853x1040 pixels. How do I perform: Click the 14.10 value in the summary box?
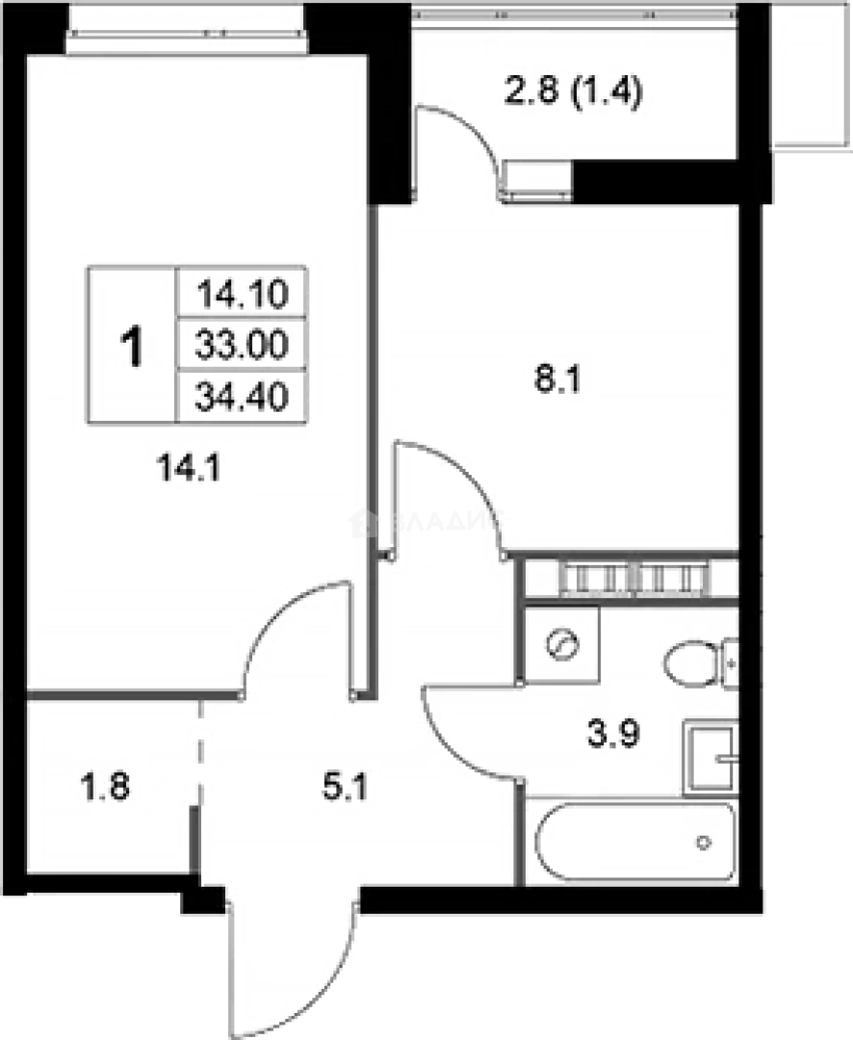pos(242,292)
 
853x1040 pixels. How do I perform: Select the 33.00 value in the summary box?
pos(242,344)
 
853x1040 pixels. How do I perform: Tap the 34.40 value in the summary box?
pos(242,396)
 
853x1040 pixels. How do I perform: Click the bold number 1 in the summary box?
pos(132,347)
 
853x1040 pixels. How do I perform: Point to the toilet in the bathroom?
pos(698,663)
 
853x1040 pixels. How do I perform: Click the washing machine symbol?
pos(561,643)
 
